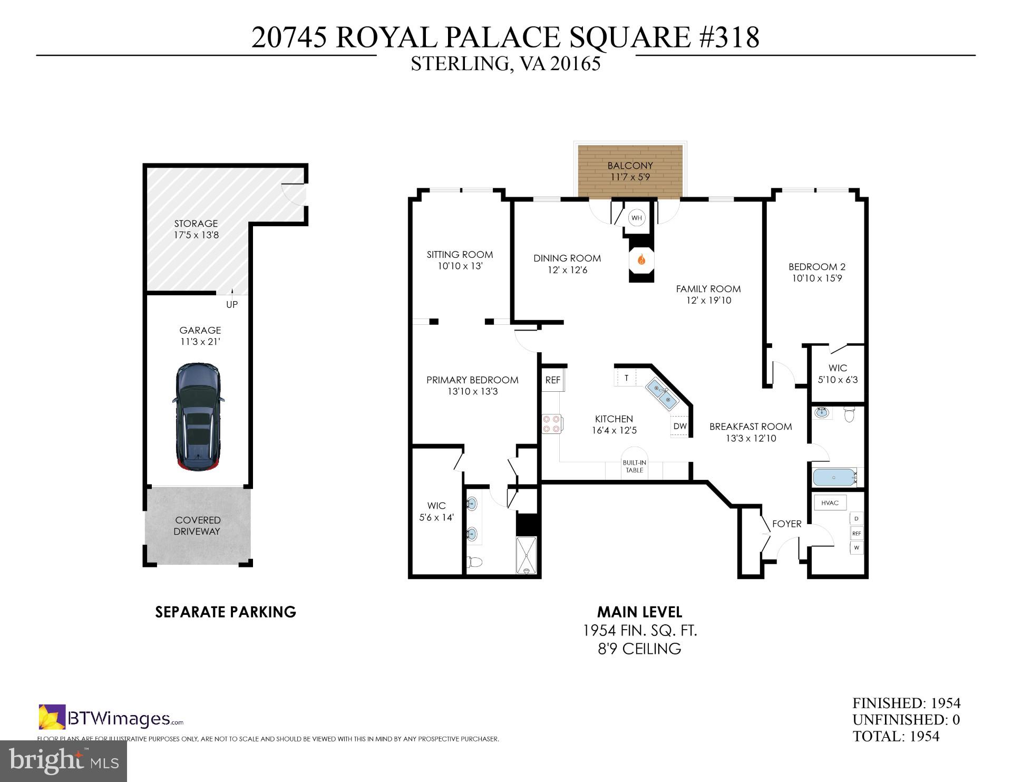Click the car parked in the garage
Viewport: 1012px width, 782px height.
click(x=198, y=417)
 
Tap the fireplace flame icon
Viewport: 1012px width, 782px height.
click(x=641, y=259)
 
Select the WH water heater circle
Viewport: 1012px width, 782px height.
click(x=637, y=218)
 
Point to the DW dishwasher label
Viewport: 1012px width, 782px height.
click(x=680, y=426)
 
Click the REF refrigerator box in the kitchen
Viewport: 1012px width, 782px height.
click(x=552, y=380)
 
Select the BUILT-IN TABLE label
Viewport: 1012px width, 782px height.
click(x=634, y=467)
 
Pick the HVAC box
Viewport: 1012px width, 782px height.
click(x=830, y=503)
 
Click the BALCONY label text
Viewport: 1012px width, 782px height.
click(x=630, y=166)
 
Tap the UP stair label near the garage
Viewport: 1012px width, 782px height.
click(x=232, y=304)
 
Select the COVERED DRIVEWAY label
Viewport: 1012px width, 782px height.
click(x=198, y=526)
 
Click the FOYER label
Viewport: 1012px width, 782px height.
click(x=786, y=524)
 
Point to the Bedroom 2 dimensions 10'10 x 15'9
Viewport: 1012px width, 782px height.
click(x=816, y=278)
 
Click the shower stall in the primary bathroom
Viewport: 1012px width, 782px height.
click(x=527, y=555)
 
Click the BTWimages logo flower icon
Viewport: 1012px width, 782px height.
click(x=52, y=717)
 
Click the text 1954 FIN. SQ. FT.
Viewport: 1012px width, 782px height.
click(x=639, y=630)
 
